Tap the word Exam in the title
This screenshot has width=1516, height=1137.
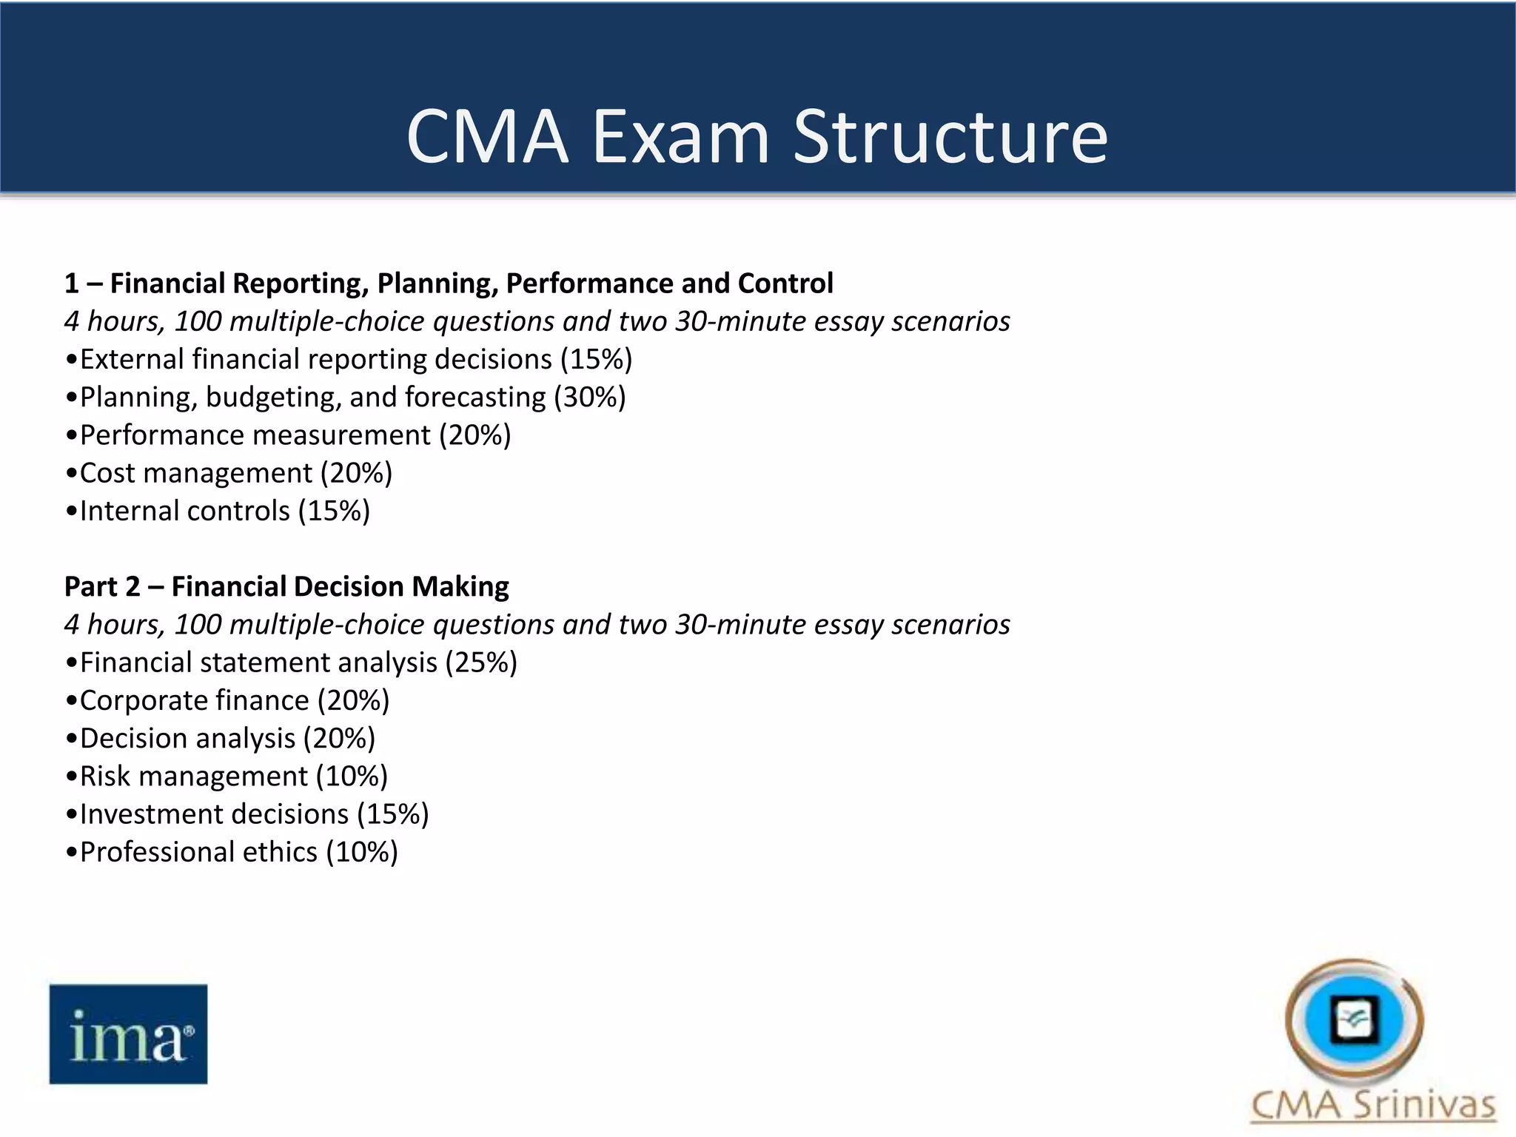pyautogui.click(x=680, y=137)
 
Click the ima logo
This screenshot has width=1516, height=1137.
pyautogui.click(x=128, y=1034)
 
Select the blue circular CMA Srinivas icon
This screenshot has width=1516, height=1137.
pyautogui.click(x=1354, y=1019)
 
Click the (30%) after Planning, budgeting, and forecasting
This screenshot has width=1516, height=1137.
pyautogui.click(x=590, y=398)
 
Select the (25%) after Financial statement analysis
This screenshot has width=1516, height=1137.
pyautogui.click(x=481, y=663)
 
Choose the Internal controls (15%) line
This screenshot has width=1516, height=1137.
pyautogui.click(x=218, y=511)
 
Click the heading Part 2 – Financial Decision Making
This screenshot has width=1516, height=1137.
pyautogui.click(x=286, y=586)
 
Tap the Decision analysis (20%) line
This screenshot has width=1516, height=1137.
pyautogui.click(x=221, y=738)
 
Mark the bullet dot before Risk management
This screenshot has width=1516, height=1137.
pyautogui.click(x=71, y=777)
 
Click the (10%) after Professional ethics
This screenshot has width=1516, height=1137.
pyautogui.click(x=362, y=852)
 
